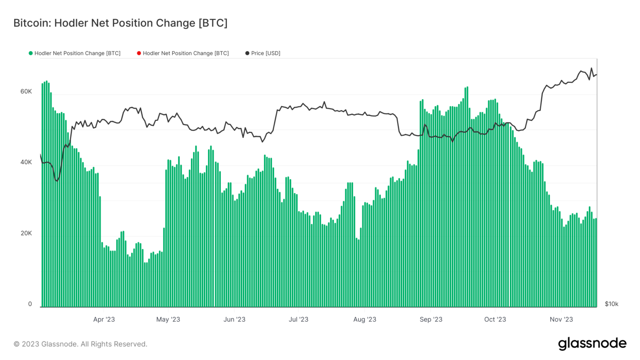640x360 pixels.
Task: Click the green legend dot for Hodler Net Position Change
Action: [x=30, y=53]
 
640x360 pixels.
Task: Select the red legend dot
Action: [x=139, y=53]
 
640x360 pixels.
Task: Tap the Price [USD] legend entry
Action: [x=265, y=53]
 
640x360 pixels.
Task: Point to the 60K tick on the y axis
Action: [x=26, y=92]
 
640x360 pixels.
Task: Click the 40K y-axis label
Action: [x=26, y=162]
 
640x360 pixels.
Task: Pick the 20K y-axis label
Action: [x=26, y=233]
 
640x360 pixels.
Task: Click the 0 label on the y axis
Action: [x=30, y=304]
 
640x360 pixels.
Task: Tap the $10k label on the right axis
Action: [x=611, y=304]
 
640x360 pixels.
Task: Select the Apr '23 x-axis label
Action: [x=104, y=320]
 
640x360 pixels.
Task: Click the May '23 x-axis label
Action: [x=168, y=320]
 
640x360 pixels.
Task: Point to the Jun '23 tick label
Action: [x=234, y=320]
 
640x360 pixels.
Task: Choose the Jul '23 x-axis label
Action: [x=298, y=320]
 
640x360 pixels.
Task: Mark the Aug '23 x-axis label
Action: [x=365, y=320]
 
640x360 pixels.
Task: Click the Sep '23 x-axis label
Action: [x=431, y=320]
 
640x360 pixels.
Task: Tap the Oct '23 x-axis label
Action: [x=495, y=320]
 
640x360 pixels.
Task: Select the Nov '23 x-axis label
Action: [x=561, y=320]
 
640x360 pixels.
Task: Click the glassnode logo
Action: [x=592, y=344]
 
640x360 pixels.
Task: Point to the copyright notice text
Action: [x=80, y=344]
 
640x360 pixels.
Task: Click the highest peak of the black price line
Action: [x=591, y=68]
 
